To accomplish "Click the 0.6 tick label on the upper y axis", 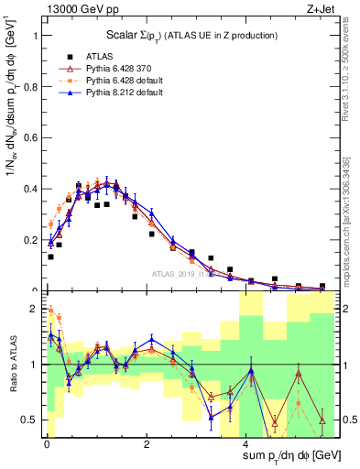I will click(30, 138).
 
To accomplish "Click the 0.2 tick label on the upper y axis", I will click(30, 241).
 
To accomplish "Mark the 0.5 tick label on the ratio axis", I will click(30, 420).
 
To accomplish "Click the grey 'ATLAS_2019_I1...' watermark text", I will click(183, 274).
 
